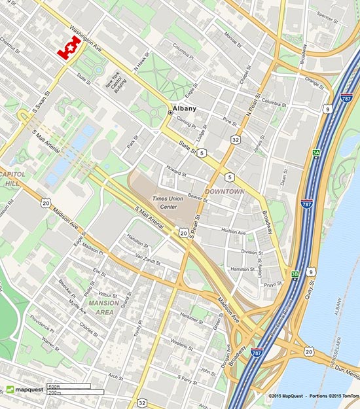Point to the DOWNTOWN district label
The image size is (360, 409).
pyautogui.click(x=225, y=191)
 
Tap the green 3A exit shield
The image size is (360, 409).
pyautogui.click(x=316, y=152)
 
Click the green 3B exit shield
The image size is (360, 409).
pyautogui.click(x=295, y=274)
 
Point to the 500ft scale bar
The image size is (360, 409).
pyautogui.click(x=68, y=386)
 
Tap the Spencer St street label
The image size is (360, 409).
pyautogui.click(x=325, y=14)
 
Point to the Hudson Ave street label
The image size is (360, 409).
pyautogui.click(x=233, y=232)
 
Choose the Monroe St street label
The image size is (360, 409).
pyautogui.click(x=234, y=37)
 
